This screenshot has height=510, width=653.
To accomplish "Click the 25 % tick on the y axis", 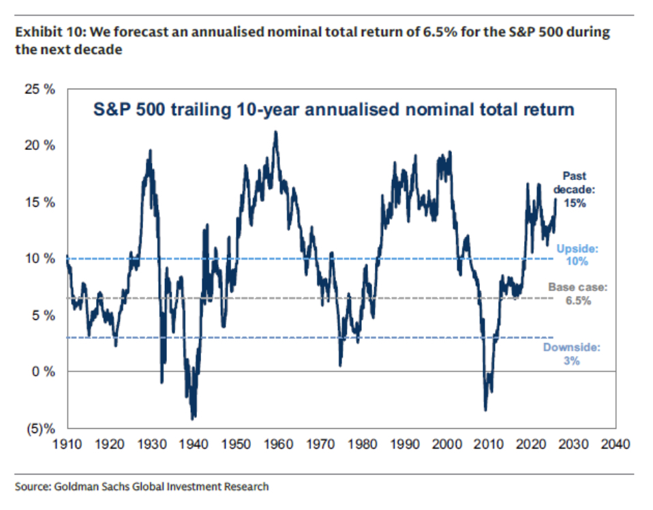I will coord(42,89).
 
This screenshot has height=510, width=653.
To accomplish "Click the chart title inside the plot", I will coord(333,109).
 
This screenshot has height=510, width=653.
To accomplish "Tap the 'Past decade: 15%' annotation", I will coord(574,189).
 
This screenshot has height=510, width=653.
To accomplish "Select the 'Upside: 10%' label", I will coord(577,255).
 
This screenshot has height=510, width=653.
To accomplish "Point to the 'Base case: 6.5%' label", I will coord(577,293).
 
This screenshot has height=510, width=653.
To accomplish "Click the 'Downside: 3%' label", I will coord(571,354).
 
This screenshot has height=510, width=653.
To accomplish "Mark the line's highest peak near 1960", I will coord(275,132).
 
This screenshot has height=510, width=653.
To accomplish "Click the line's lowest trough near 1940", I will coord(193,418).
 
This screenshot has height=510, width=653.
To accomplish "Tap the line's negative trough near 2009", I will coord(485,409).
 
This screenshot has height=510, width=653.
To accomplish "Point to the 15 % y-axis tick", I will coord(42,202).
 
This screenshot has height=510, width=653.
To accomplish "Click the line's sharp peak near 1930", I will coord(150,151).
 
